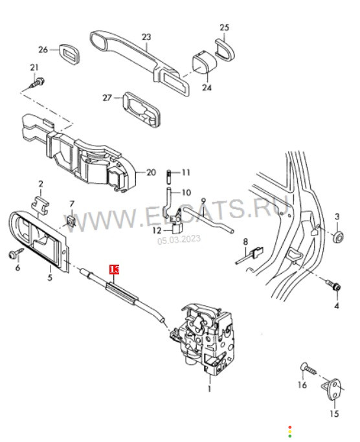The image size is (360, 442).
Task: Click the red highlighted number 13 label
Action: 114,269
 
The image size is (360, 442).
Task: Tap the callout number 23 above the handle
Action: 146,37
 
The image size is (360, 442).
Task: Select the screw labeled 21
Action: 38,83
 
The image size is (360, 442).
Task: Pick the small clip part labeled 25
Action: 225,49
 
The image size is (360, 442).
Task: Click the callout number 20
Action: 152,172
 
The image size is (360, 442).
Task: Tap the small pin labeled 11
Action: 169,176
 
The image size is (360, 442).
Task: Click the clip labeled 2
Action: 39,206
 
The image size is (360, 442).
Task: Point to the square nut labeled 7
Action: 71,221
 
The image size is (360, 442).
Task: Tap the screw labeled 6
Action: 16,253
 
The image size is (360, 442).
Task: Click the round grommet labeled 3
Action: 338,236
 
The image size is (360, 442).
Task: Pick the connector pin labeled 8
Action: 250,256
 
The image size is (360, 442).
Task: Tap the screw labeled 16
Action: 308,368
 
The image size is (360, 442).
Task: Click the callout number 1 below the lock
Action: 209,389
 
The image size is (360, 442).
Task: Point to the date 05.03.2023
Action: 179,239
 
